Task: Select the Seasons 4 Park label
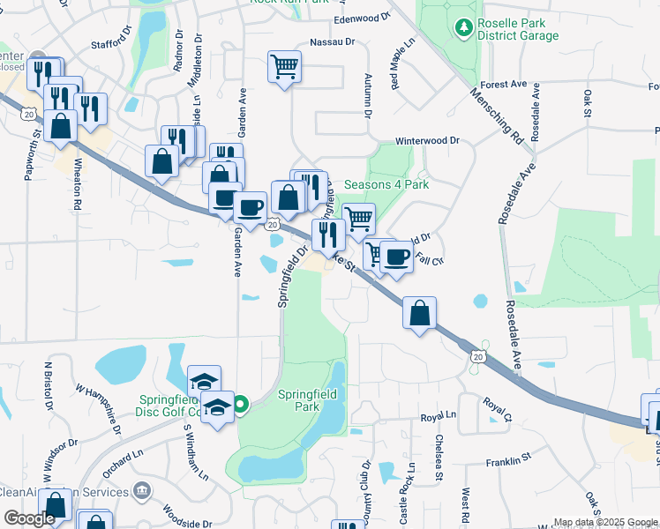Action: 386,185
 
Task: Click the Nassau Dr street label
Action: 332,41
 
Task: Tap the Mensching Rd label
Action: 497,114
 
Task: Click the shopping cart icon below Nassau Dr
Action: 284,66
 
